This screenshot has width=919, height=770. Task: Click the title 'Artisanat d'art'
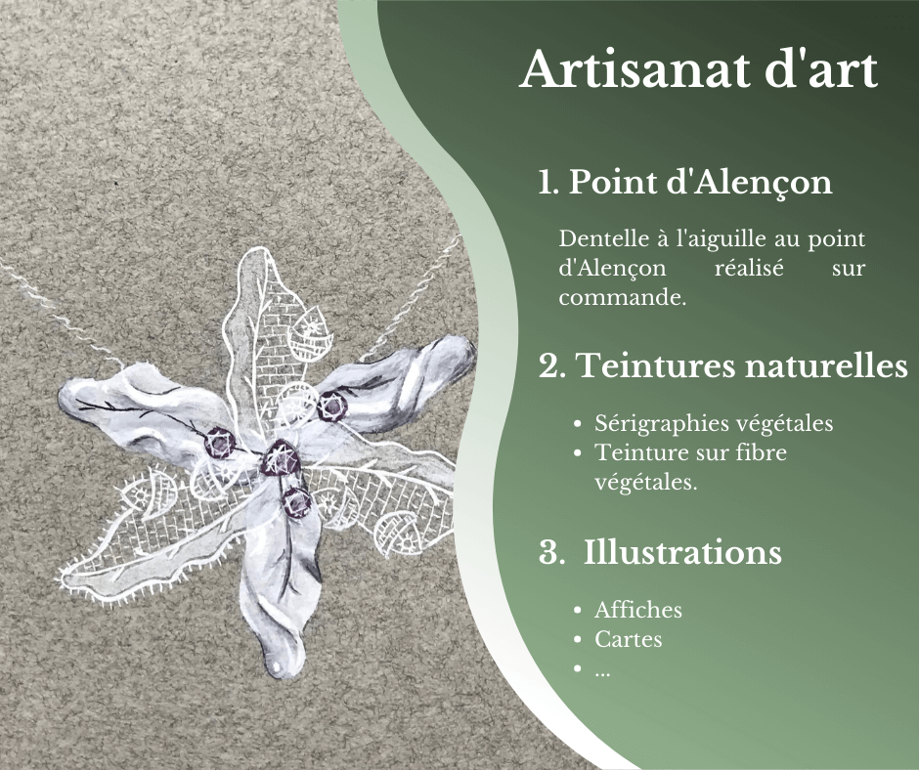699,69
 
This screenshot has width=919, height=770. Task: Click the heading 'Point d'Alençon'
700,183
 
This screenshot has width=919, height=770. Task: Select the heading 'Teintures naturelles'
742,365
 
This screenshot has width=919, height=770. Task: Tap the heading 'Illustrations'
682,552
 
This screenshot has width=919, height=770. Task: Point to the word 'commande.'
622,297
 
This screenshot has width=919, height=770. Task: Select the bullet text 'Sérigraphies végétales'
714,423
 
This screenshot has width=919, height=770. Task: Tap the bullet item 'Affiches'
638,610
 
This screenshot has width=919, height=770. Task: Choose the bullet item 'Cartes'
629,639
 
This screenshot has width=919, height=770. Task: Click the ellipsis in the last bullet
602,673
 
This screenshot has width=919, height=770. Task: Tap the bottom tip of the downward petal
276,671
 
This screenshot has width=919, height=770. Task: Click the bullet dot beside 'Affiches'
578,611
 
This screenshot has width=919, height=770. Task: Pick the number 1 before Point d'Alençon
547,183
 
